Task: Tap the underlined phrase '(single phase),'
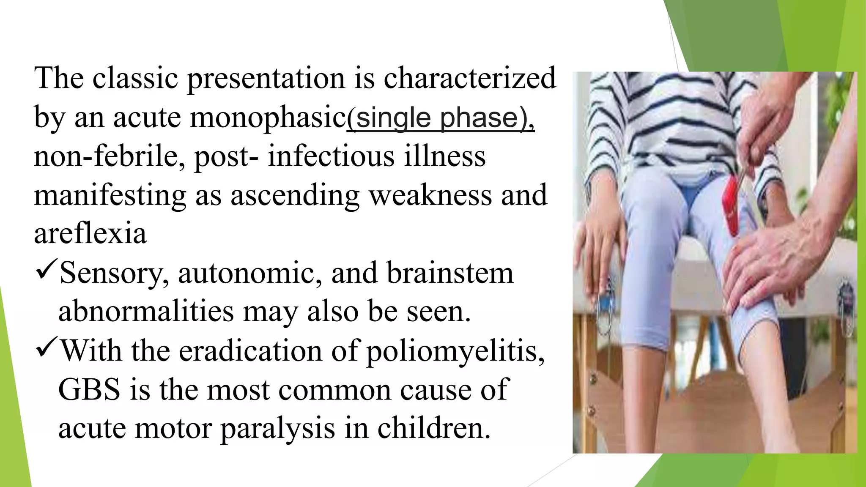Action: click(441, 118)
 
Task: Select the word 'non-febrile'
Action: click(109, 156)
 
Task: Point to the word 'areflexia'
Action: click(90, 233)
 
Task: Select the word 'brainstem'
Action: click(450, 273)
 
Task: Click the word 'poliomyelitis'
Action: click(454, 351)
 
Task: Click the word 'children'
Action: click(433, 428)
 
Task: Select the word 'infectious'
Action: click(331, 156)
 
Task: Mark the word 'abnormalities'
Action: click(146, 312)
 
